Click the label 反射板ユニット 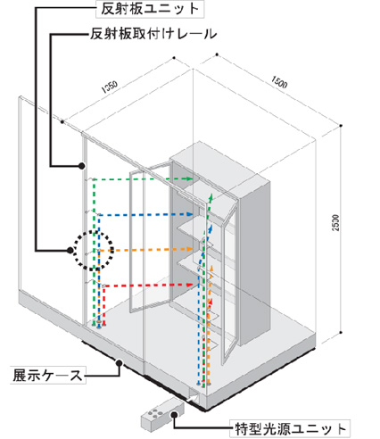coord(150,9)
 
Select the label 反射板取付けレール coord(153,34)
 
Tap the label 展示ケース coord(47,375)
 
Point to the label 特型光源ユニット coord(291,428)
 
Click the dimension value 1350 coord(110,87)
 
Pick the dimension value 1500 coord(279,82)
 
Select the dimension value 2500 coord(335,222)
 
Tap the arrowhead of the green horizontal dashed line coord(188,178)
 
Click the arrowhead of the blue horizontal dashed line coord(188,214)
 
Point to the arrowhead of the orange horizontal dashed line coord(188,249)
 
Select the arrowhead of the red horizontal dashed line coord(190,285)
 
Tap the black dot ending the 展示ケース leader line coord(120,362)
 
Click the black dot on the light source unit coord(175,415)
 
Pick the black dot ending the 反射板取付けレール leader coord(81,166)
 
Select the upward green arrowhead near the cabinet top coord(211,197)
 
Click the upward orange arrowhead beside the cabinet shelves coord(211,268)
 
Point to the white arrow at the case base coord(193,397)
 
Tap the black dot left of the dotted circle coord(70,251)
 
